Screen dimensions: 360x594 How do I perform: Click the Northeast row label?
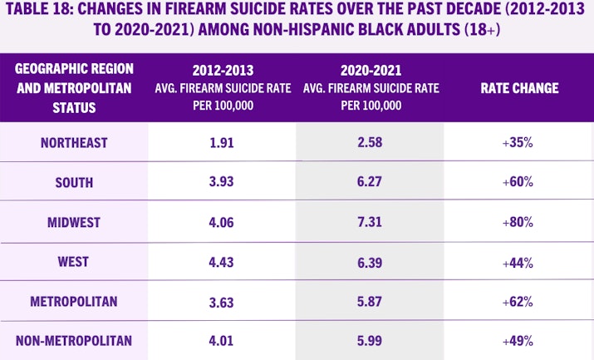pyautogui.click(x=74, y=143)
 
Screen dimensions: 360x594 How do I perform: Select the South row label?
pyautogui.click(x=74, y=182)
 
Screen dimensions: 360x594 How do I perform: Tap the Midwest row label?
pyautogui.click(x=74, y=222)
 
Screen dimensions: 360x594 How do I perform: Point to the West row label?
pyautogui.click(x=74, y=261)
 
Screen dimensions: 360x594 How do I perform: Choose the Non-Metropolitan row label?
pyautogui.click(x=74, y=340)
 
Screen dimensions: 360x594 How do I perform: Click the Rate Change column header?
pyautogui.click(x=519, y=89)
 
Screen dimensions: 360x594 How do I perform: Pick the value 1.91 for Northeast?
pyautogui.click(x=222, y=143)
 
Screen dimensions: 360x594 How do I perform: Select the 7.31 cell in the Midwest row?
pyautogui.click(x=370, y=222)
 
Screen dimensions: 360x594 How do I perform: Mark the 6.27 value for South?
pyautogui.click(x=370, y=182)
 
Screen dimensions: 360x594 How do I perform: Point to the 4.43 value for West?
pyautogui.click(x=222, y=261)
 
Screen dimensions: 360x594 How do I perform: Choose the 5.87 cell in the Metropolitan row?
pyautogui.click(x=370, y=301)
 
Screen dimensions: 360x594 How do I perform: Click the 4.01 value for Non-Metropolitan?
pyautogui.click(x=222, y=340)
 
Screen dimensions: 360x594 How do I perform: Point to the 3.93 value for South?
pyautogui.click(x=222, y=182)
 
